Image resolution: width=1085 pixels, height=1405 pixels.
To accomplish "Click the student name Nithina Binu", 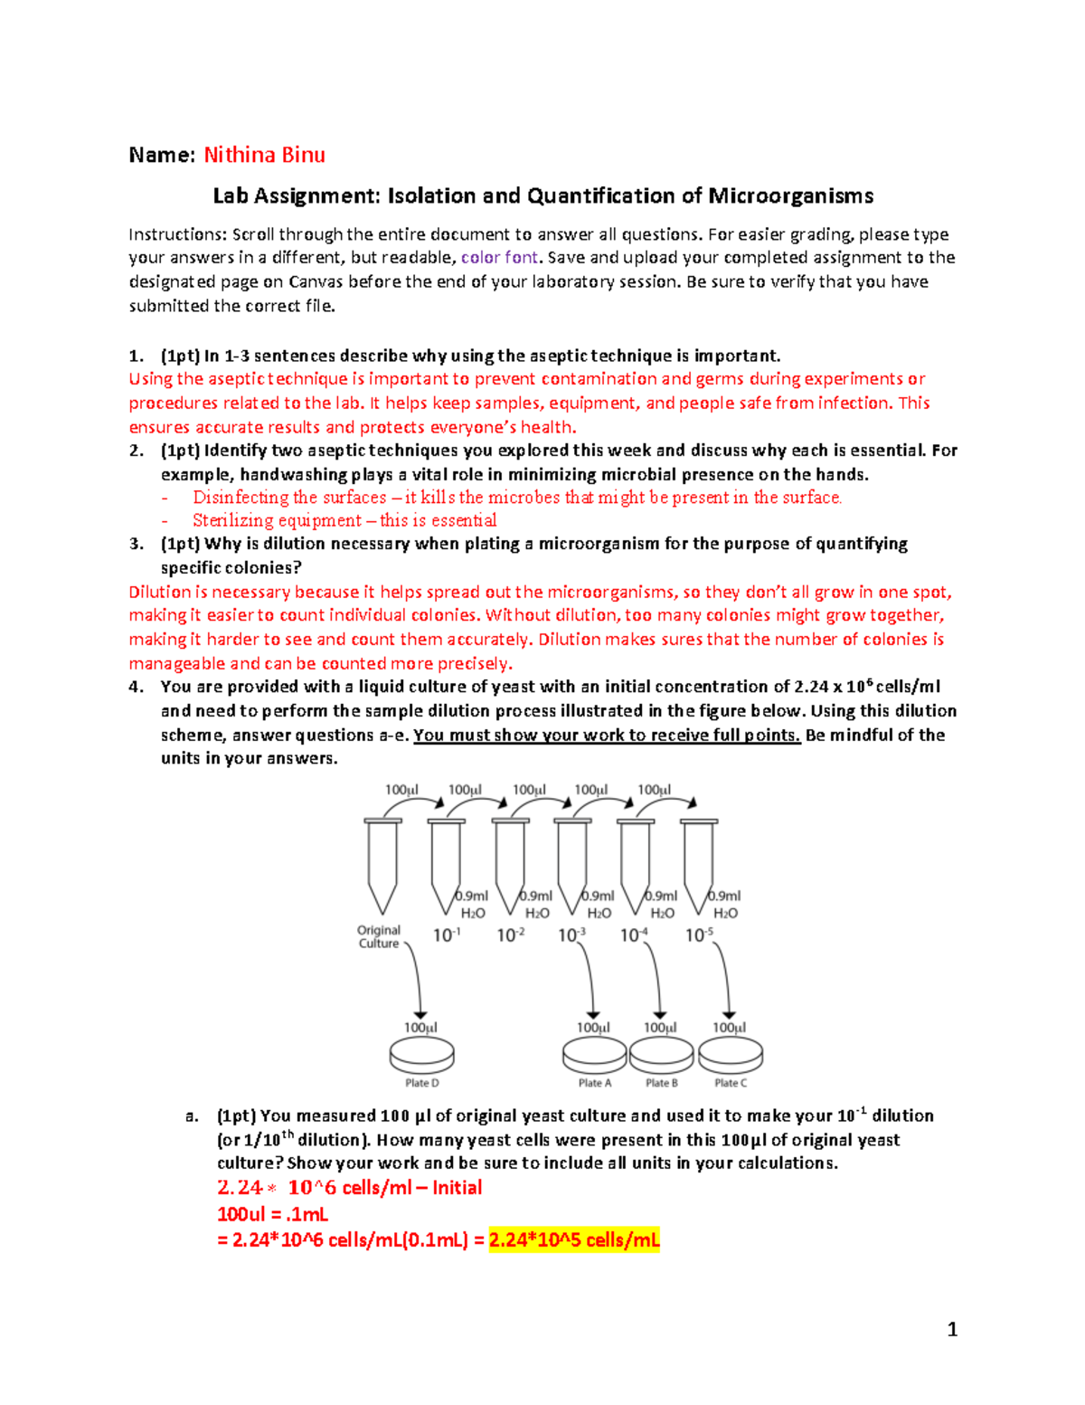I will click(264, 155).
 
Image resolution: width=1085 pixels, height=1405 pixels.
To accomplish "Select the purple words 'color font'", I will click(499, 258).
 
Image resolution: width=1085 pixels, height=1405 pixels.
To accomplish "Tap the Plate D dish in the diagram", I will click(421, 1054).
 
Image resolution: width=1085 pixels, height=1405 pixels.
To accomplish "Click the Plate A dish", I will click(594, 1054).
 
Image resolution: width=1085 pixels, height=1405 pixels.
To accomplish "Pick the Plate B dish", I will click(662, 1054).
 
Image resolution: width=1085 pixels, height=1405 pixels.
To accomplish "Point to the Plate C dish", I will click(731, 1054).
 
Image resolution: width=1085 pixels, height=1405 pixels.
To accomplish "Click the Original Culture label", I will click(379, 936).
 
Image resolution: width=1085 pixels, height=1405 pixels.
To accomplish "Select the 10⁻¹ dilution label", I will click(447, 935).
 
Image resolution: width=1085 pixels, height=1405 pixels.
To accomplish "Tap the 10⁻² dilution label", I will click(510, 935).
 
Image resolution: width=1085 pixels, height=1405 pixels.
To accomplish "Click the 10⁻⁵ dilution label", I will click(699, 935).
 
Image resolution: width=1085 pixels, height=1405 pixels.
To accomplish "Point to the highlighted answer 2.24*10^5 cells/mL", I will click(574, 1240).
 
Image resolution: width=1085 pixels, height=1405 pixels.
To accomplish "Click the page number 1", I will click(951, 1329).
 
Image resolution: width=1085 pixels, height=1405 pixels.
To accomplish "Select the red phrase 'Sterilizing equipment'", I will click(277, 520).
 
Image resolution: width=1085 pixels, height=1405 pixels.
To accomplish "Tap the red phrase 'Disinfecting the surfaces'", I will click(289, 498).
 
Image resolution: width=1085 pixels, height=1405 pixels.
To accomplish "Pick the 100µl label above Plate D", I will click(420, 1028).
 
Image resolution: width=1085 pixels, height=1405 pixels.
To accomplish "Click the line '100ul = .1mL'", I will click(272, 1214).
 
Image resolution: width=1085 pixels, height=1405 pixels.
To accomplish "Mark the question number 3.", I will click(136, 544).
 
